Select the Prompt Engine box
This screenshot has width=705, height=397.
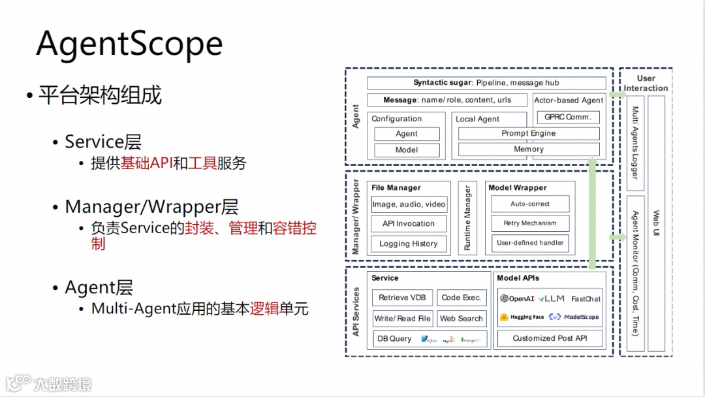(529, 133)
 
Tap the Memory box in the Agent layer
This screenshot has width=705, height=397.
(529, 150)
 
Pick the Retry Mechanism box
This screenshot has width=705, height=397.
(530, 223)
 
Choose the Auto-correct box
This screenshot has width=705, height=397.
(530, 204)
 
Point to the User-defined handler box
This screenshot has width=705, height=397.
(530, 243)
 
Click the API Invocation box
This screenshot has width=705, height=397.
(409, 223)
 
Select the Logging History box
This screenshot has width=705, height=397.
(409, 244)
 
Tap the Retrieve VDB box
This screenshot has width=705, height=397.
(402, 298)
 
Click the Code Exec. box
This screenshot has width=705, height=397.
(462, 298)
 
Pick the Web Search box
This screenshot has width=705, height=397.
(462, 319)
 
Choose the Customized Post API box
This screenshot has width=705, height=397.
(550, 338)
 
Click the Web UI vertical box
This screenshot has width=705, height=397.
(656, 223)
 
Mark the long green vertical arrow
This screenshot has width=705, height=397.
(592, 215)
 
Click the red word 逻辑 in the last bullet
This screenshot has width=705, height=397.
(264, 308)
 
